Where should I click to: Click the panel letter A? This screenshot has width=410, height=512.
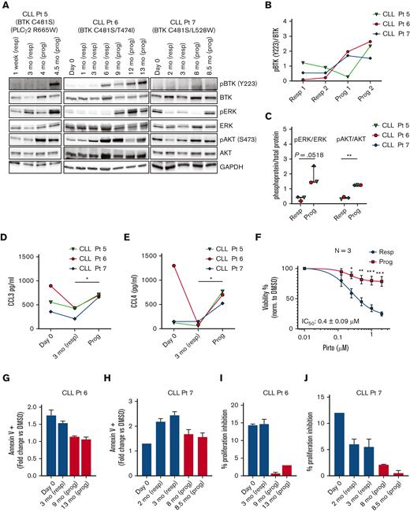point(6,6)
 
